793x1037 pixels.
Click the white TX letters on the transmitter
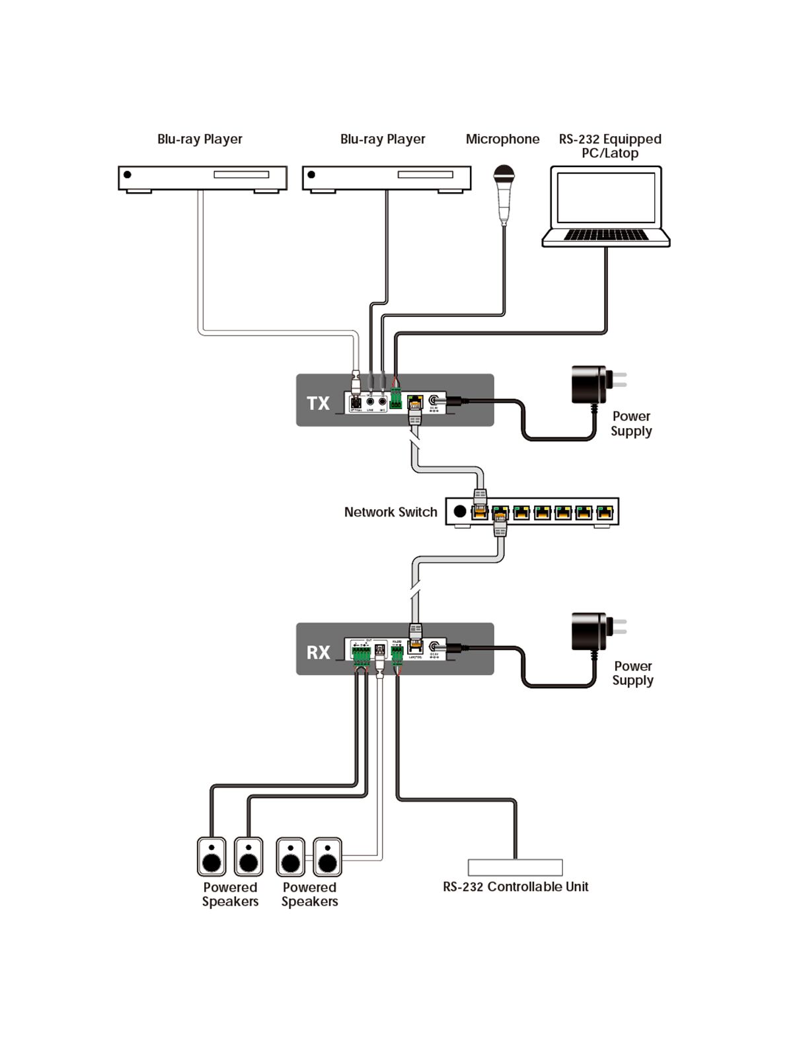(x=318, y=403)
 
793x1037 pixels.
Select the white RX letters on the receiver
(x=318, y=653)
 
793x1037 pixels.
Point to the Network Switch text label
(x=391, y=512)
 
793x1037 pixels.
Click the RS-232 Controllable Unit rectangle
(x=515, y=867)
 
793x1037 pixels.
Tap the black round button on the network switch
(x=460, y=511)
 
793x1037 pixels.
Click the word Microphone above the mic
(x=502, y=139)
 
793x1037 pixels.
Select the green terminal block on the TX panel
(x=396, y=400)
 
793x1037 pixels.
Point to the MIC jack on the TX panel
(x=383, y=400)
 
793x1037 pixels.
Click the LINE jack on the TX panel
(x=370, y=400)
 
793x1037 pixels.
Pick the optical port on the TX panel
(x=356, y=402)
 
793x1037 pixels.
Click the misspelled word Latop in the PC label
(x=621, y=153)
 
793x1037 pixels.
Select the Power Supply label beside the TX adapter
(x=631, y=424)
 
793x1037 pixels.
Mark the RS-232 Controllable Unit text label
(x=515, y=887)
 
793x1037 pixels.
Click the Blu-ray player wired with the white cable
(x=202, y=178)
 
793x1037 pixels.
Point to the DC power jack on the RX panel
(x=434, y=648)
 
